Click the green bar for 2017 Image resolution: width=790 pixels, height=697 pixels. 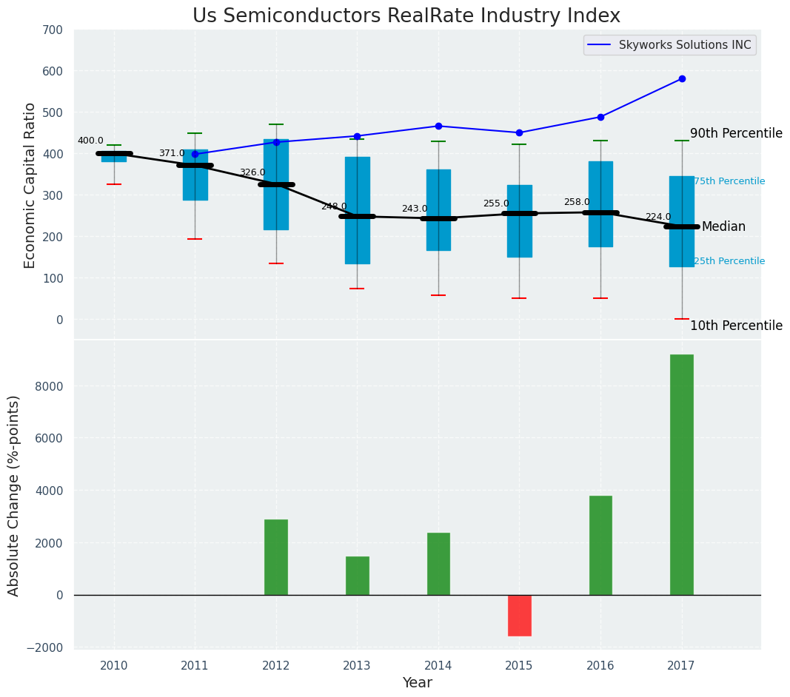[681, 474]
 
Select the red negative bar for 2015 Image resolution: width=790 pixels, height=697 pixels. [519, 615]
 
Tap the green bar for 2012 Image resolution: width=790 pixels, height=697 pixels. [276, 557]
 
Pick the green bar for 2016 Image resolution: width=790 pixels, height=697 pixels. [600, 545]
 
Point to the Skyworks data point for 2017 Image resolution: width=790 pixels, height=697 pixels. [682, 78]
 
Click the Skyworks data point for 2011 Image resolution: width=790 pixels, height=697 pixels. [195, 154]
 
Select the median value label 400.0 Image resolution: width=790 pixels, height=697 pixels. [90, 141]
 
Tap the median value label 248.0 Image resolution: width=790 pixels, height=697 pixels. [334, 206]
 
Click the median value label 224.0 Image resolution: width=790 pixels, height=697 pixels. [658, 217]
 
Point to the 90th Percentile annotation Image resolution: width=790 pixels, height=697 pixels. [736, 134]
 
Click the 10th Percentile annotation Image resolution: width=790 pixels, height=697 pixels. [736, 326]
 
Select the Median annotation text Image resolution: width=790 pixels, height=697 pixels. [723, 227]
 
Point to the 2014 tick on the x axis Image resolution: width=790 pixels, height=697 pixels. [438, 666]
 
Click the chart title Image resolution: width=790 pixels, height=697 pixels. [406, 16]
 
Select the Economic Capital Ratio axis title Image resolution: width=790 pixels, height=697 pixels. [30, 185]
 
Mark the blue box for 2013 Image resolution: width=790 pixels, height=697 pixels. [358, 210]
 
